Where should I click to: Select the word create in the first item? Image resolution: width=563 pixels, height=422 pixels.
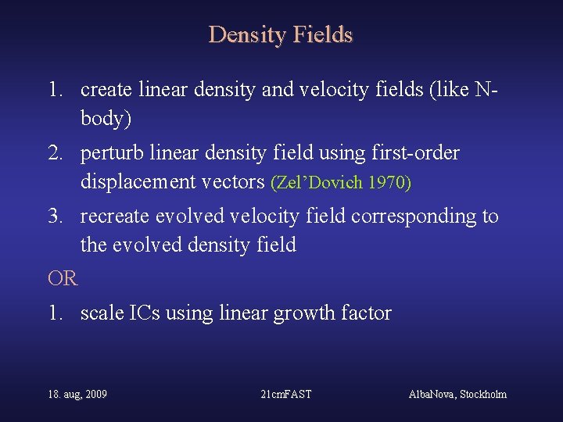(x=107, y=91)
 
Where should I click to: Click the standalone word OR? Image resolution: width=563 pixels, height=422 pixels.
(x=63, y=278)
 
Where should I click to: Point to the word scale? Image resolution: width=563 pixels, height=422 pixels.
(x=102, y=313)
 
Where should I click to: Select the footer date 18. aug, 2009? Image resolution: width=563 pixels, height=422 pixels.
(x=77, y=395)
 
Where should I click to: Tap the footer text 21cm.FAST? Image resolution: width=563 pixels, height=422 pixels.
(x=285, y=395)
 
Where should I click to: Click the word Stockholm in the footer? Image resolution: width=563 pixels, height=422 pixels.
(x=479, y=395)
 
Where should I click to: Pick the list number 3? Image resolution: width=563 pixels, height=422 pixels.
(x=54, y=216)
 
